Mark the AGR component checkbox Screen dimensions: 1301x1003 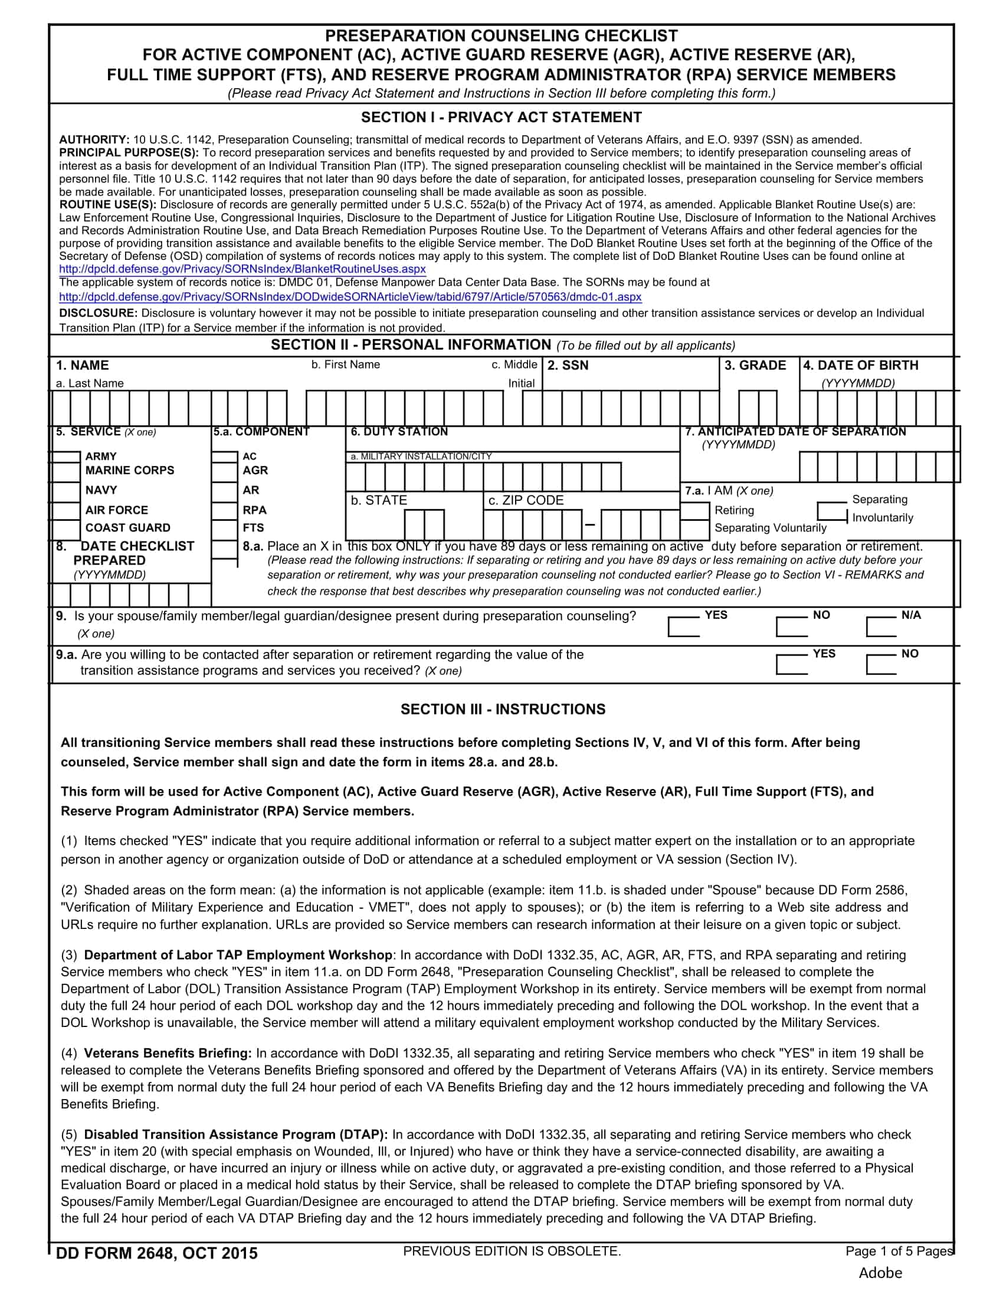point(224,471)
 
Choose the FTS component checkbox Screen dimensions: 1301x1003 point(224,529)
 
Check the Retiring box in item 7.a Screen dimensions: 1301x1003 point(694,510)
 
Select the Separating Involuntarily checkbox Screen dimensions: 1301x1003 point(832,511)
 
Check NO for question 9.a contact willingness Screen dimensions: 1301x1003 point(881,664)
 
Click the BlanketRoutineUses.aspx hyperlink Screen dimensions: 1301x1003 point(242,269)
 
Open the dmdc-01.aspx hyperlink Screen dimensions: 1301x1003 point(350,296)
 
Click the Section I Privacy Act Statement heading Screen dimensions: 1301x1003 point(501,118)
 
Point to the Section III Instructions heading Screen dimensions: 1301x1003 point(503,709)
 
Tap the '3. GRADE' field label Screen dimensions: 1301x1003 point(755,366)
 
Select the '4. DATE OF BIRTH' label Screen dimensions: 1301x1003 point(860,366)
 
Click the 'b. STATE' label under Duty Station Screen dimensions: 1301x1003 point(379,500)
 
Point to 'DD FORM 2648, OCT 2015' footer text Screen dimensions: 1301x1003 point(156,1254)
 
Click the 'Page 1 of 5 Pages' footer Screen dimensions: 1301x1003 point(899,1251)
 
